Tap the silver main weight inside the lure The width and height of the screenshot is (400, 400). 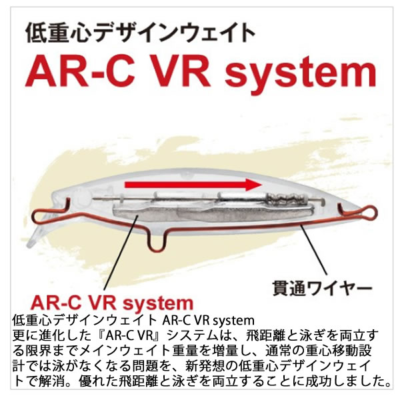(180, 217)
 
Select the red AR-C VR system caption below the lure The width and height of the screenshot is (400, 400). (111, 299)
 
